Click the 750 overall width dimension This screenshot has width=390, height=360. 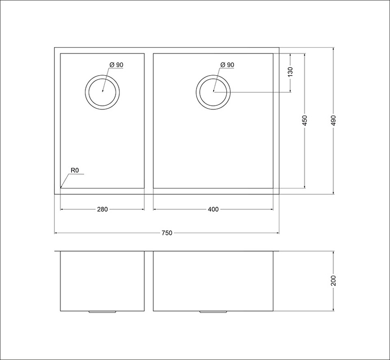[167, 233]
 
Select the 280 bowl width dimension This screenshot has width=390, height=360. [102, 210]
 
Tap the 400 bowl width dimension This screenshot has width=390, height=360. [213, 210]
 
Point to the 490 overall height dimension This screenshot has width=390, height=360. [334, 120]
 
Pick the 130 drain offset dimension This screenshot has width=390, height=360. [290, 72]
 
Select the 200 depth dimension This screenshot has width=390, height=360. [334, 281]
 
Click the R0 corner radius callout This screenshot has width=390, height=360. [75, 170]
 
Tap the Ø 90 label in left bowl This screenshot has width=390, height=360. [116, 65]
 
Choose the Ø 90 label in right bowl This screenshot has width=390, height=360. [227, 65]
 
